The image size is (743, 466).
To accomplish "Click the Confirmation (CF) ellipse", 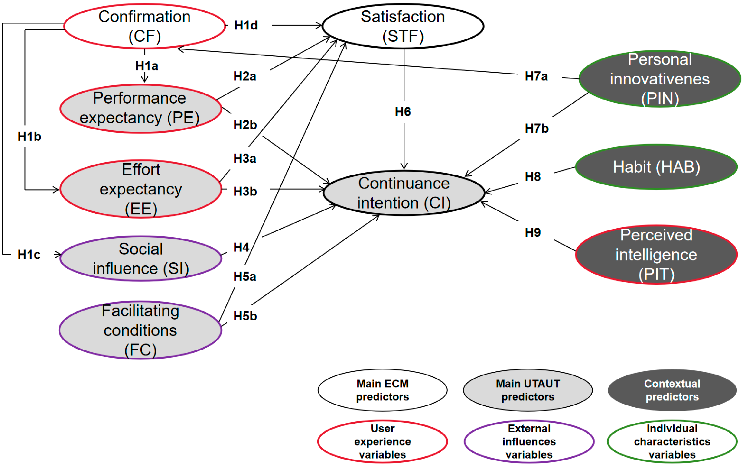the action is click(144, 26).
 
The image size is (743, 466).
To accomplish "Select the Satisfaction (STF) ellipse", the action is click(403, 26).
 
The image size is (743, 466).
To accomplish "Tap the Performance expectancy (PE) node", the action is click(140, 108).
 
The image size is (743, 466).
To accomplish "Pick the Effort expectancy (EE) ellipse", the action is click(140, 189).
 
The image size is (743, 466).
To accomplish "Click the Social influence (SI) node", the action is click(140, 258).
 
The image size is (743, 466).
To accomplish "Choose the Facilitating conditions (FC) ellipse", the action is click(140, 330).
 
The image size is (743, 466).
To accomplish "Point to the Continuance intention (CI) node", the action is click(404, 193).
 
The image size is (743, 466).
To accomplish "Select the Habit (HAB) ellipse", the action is click(656, 167).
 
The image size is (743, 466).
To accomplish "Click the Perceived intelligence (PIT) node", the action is click(656, 254).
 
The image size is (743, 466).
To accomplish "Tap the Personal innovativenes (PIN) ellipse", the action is click(660, 79).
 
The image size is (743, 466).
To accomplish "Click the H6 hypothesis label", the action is click(403, 112).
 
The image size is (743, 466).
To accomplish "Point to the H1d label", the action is click(246, 25).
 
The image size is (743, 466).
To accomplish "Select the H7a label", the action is click(536, 76).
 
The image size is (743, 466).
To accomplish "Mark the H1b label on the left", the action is click(29, 136).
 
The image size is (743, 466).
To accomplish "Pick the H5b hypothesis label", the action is click(245, 316).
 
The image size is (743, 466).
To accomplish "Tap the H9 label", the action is click(533, 232).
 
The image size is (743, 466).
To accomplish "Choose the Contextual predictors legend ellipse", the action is click(672, 390).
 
